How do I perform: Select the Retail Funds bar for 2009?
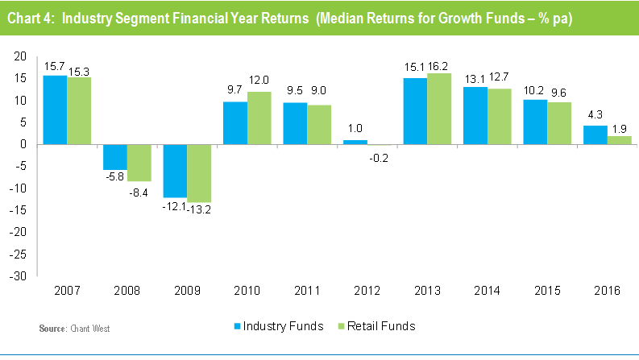click(198, 173)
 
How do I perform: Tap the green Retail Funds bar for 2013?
click(439, 109)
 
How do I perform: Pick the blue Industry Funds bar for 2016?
click(595, 134)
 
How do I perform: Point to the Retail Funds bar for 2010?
click(259, 118)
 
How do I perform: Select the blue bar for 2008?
click(115, 157)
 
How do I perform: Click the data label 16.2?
click(440, 67)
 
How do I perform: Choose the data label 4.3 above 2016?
click(595, 119)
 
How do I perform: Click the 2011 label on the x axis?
click(307, 291)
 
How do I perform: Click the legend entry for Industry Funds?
click(278, 326)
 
